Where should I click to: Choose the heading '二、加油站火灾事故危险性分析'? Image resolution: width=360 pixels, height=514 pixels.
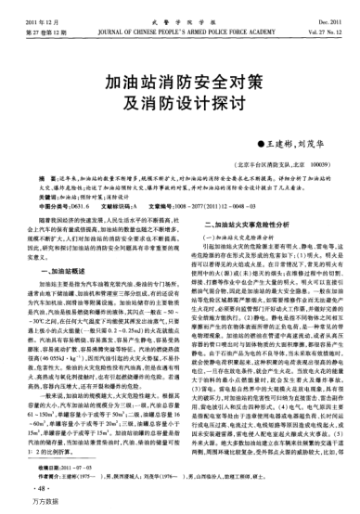239,225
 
